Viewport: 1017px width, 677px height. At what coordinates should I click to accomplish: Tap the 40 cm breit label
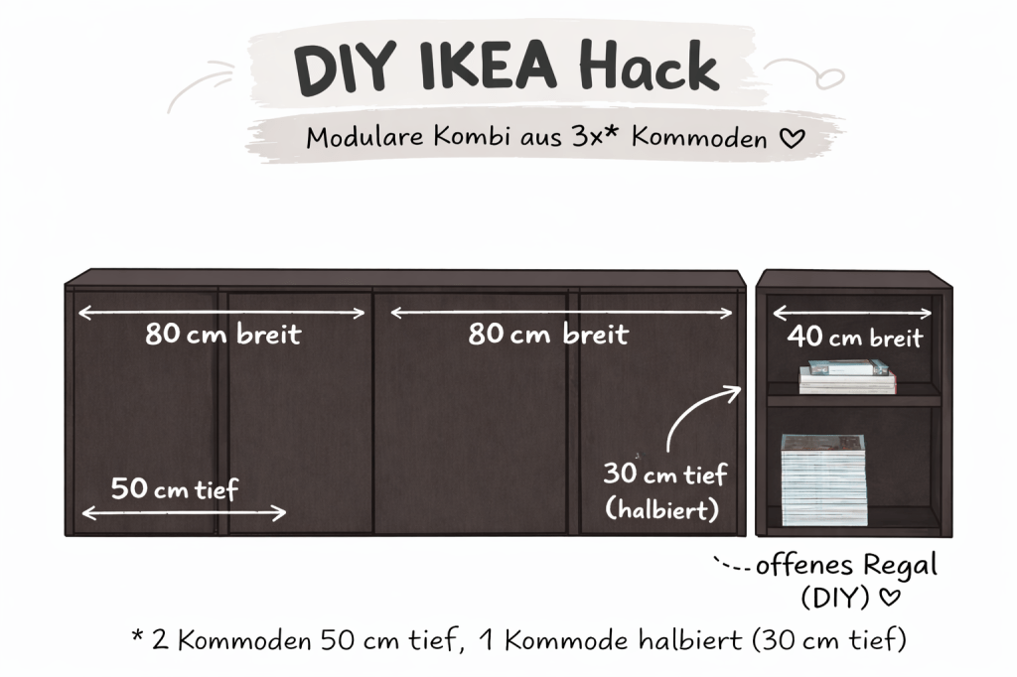point(854,338)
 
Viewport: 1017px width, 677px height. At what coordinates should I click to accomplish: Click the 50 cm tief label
point(174,488)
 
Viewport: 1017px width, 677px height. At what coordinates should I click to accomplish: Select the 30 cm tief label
point(664,474)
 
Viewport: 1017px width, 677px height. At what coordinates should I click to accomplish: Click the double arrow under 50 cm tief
point(184,513)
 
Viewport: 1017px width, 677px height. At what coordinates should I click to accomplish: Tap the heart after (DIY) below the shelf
point(891,600)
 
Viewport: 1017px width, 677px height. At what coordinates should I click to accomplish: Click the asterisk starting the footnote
point(137,636)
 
